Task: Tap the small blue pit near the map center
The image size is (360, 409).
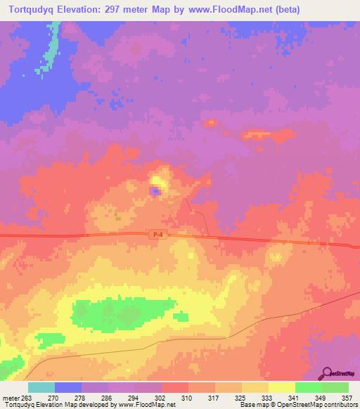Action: [155, 190]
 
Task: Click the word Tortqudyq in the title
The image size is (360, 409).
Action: [37, 10]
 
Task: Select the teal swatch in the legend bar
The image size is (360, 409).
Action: [41, 387]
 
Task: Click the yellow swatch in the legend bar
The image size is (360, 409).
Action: [281, 387]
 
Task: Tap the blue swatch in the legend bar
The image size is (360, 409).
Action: [68, 387]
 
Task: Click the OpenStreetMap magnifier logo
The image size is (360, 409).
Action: [328, 374]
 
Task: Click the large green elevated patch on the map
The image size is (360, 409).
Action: [123, 312]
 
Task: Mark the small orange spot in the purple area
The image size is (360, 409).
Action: [210, 123]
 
